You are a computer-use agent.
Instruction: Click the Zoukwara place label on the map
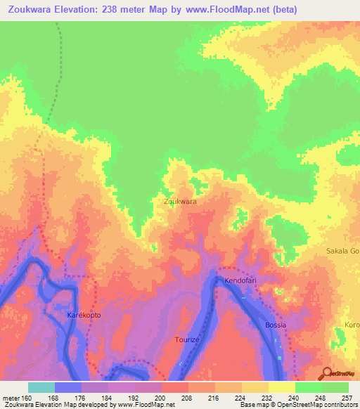coord(179,202)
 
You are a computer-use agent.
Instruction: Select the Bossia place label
coord(276,325)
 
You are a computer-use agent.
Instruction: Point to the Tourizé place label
coord(188,339)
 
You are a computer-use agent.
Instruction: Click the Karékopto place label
coord(84,315)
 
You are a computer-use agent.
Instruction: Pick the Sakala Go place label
coord(343,251)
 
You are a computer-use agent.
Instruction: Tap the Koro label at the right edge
coord(352,325)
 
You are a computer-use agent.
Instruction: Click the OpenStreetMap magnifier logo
coord(326,373)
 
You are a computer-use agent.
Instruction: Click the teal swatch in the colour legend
coord(41,387)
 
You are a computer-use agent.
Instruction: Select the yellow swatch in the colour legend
coord(281,387)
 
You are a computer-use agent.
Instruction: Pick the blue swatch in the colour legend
coord(67,387)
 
